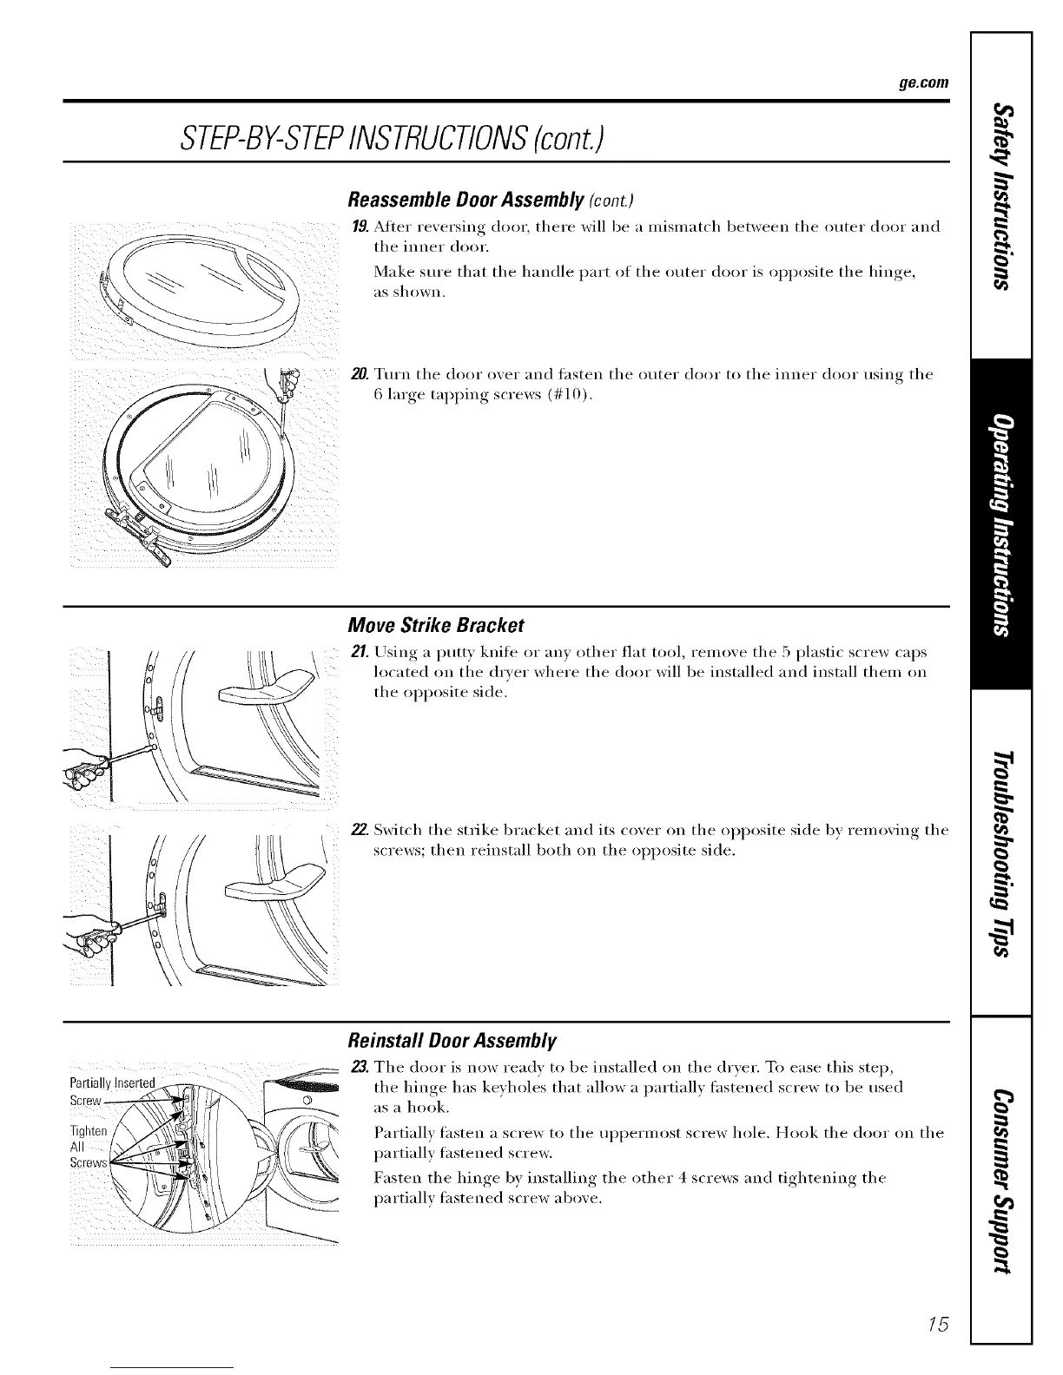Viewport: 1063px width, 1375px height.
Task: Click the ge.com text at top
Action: (x=923, y=84)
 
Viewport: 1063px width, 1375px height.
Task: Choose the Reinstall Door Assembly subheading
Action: (x=451, y=1040)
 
